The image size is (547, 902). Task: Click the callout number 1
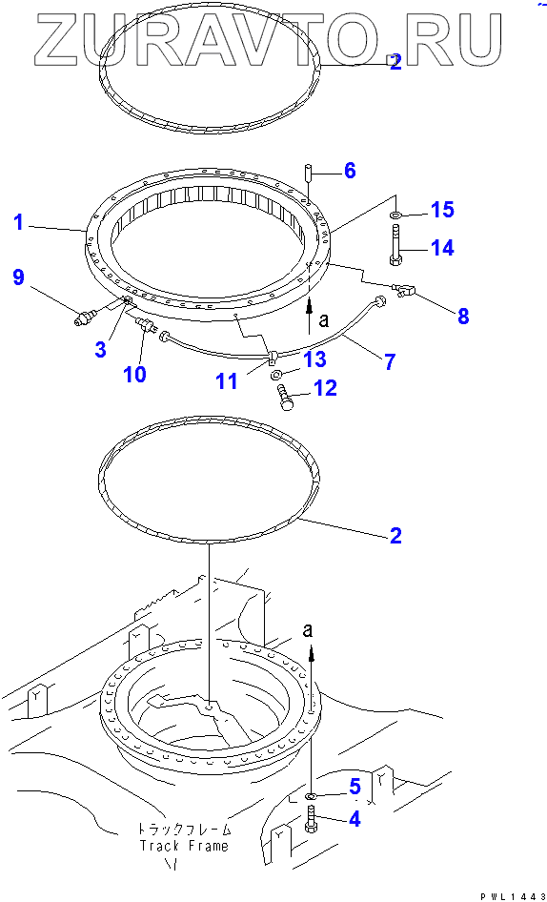pyautogui.click(x=19, y=222)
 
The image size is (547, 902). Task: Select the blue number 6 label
pyautogui.click(x=350, y=171)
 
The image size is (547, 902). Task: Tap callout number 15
pyautogui.click(x=442, y=210)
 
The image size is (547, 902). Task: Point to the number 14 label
pyautogui.click(x=441, y=248)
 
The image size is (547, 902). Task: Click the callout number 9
pyautogui.click(x=18, y=278)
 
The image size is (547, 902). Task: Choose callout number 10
pyautogui.click(x=134, y=374)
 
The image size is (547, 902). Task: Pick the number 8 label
pyautogui.click(x=463, y=316)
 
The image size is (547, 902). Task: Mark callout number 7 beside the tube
pyautogui.click(x=390, y=361)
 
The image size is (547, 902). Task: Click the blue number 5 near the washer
pyautogui.click(x=354, y=786)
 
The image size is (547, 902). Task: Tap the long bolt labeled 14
pyautogui.click(x=396, y=245)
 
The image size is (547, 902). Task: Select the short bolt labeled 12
pyautogui.click(x=286, y=398)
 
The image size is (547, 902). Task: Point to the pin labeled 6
pyautogui.click(x=309, y=172)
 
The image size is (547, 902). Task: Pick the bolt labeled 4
pyautogui.click(x=310, y=819)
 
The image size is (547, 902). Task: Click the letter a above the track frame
pyautogui.click(x=309, y=630)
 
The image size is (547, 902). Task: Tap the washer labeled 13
pyautogui.click(x=276, y=375)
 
